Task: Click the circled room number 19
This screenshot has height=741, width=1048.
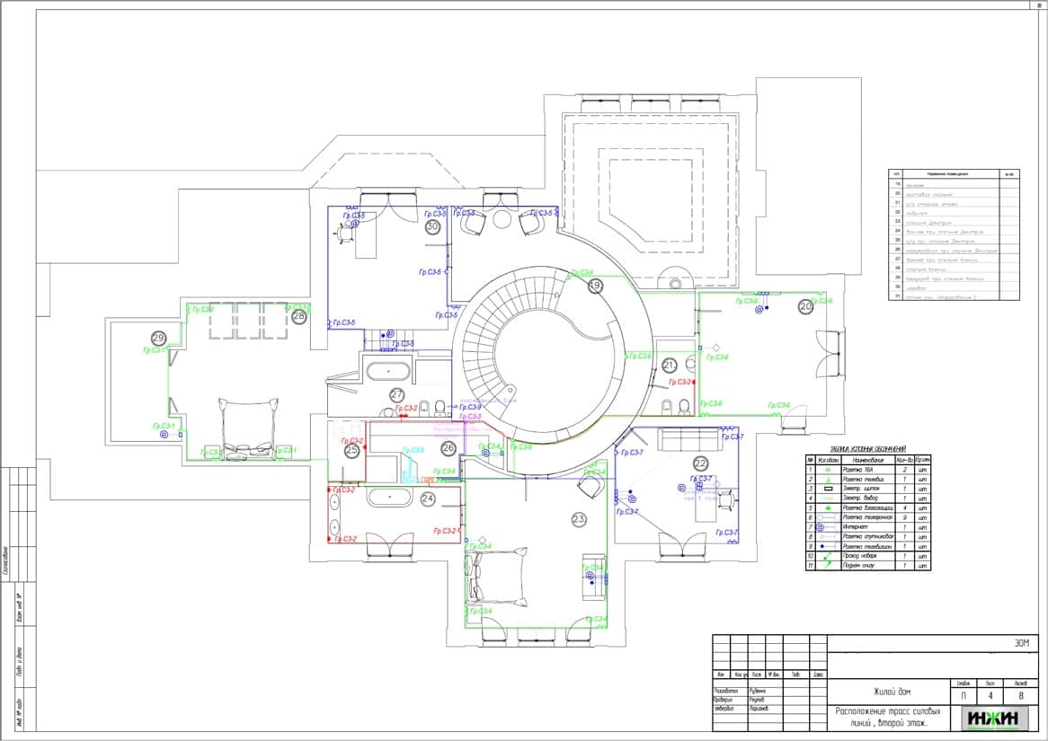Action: pos(595,286)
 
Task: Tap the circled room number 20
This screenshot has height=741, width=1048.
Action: pos(805,306)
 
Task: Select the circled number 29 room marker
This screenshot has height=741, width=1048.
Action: pos(159,338)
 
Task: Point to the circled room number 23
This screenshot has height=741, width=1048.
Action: pos(579,519)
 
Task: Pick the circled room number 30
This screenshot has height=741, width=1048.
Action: pos(432,227)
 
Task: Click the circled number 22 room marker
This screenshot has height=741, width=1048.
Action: pos(700,463)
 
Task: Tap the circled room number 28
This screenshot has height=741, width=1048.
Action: pos(298,316)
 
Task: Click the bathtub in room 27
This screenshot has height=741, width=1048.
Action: pos(388,370)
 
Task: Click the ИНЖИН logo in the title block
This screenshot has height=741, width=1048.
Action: pos(992,719)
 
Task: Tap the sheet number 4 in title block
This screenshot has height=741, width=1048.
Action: pos(990,695)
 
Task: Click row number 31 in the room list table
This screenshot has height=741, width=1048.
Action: pos(895,296)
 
